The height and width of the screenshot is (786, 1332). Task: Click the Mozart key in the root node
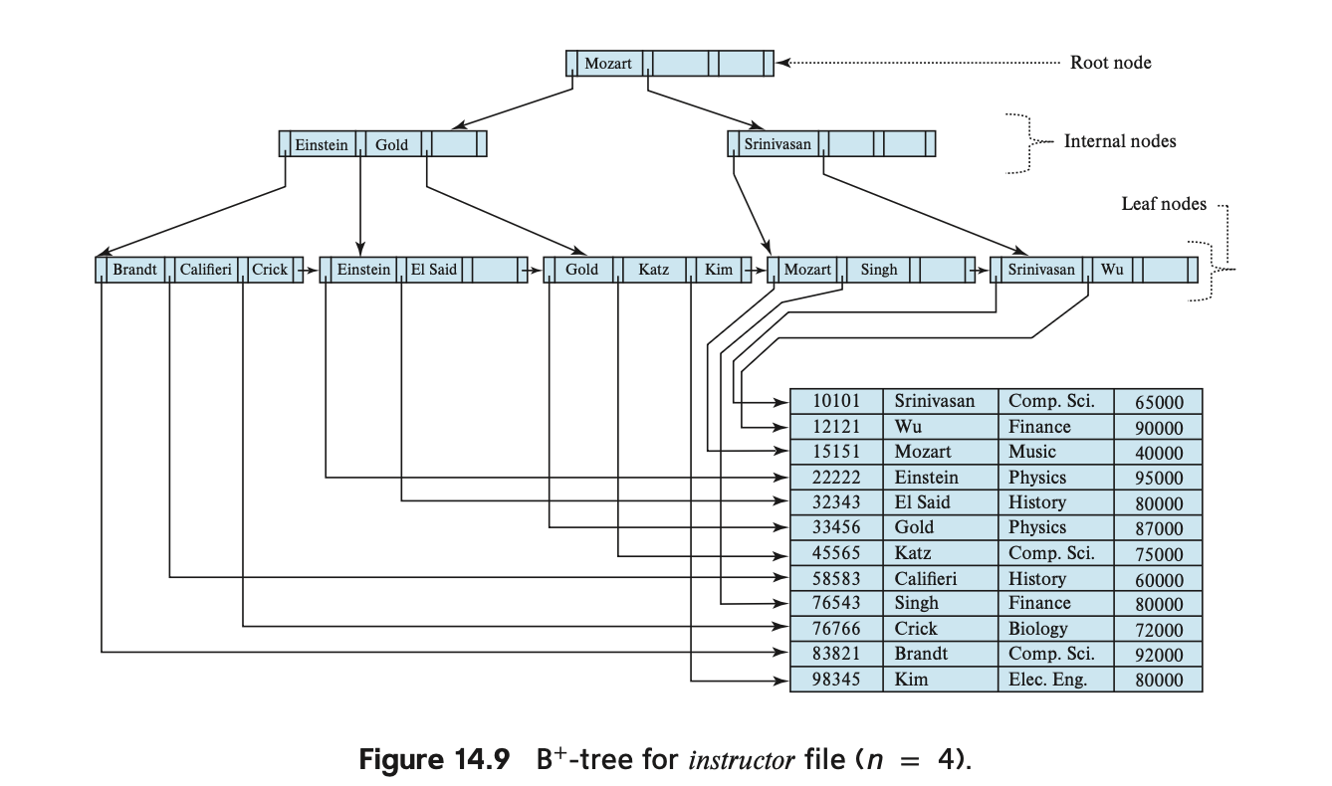pyautogui.click(x=607, y=63)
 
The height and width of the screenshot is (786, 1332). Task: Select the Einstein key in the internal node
pyautogui.click(x=322, y=144)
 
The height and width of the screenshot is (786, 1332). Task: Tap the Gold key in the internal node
pyautogui.click(x=391, y=144)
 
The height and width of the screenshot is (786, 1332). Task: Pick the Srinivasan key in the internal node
pyautogui.click(x=777, y=144)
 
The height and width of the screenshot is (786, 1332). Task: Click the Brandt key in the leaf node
pyautogui.click(x=134, y=269)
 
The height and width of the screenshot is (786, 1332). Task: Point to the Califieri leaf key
pyautogui.click(x=205, y=269)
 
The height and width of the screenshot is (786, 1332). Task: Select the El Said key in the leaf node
pyautogui.click(x=433, y=269)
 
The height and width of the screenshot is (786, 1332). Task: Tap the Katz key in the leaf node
pyautogui.click(x=653, y=269)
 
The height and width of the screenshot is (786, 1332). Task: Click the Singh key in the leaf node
pyautogui.click(x=878, y=269)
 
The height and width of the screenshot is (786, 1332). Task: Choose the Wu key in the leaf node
pyautogui.click(x=1111, y=269)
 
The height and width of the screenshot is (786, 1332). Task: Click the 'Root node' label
pyautogui.click(x=1110, y=63)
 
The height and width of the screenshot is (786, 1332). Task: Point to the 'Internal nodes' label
pyautogui.click(x=1120, y=141)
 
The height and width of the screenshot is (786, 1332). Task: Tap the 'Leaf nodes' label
pyautogui.click(x=1164, y=204)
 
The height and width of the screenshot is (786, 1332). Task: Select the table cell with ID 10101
pyautogui.click(x=836, y=401)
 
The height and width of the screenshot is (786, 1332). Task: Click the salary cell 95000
pyautogui.click(x=1159, y=478)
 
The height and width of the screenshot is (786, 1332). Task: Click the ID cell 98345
pyautogui.click(x=836, y=680)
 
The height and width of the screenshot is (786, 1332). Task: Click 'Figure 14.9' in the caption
pyautogui.click(x=434, y=759)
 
